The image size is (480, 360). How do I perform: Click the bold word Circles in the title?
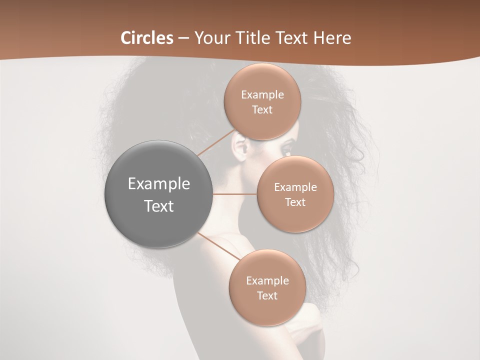[147, 38]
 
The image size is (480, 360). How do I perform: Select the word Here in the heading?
[332, 38]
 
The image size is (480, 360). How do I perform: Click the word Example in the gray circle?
[158, 184]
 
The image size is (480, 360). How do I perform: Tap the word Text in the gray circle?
[158, 206]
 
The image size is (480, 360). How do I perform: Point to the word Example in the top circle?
[262, 94]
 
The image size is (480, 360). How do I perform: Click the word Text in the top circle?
[262, 110]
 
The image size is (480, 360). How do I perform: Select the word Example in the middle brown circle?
[295, 187]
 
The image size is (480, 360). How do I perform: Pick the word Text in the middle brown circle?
[295, 202]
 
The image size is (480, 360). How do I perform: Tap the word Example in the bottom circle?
[267, 280]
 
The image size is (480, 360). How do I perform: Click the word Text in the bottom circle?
[267, 296]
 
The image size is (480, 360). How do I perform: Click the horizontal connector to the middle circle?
[235, 194]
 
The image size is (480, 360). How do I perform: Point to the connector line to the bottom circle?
[220, 246]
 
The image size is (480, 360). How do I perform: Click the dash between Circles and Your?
[183, 38]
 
